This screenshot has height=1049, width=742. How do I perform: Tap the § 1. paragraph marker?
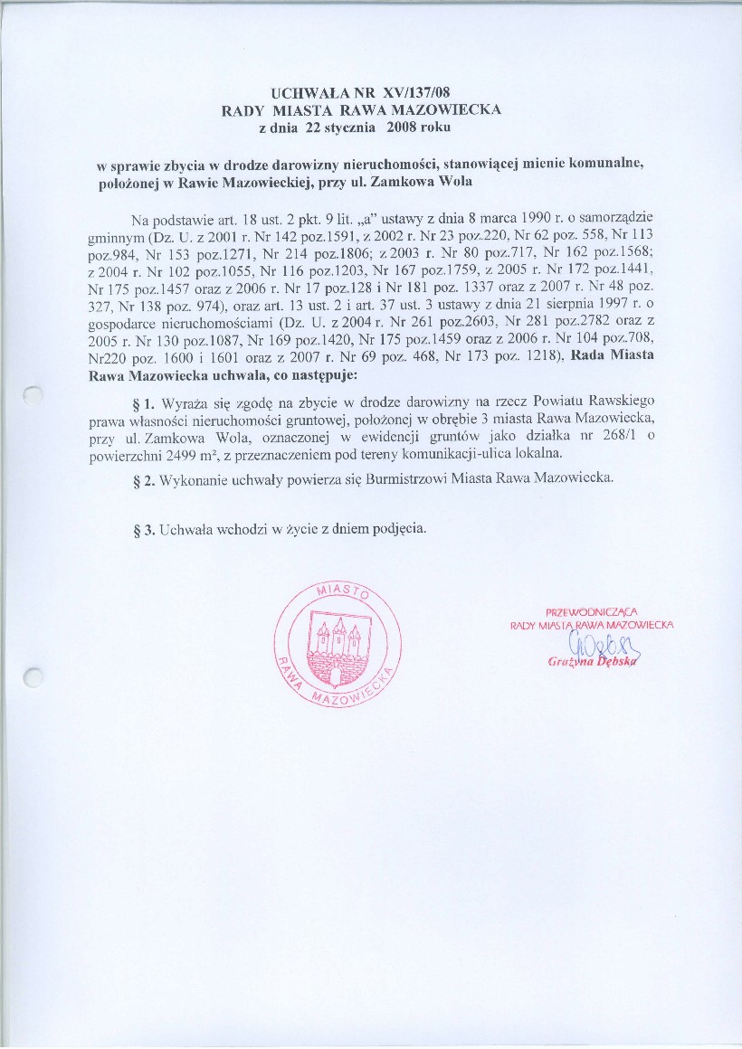click(143, 399)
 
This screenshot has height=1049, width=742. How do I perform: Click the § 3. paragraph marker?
click(143, 528)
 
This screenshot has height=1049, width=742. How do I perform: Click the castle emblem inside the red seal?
click(337, 647)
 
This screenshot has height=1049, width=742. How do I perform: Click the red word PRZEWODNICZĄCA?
click(592, 611)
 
